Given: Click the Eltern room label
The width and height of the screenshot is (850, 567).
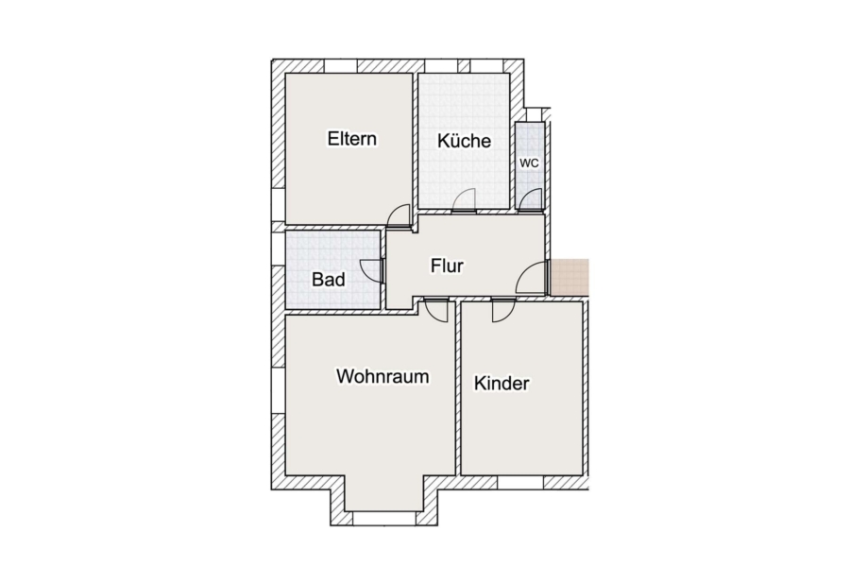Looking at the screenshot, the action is coord(352,139).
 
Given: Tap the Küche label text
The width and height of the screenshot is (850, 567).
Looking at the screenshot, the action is coord(464,141).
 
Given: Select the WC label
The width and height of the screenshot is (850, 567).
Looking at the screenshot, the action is coord(529,163).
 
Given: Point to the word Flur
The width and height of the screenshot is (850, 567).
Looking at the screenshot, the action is coord(448,266).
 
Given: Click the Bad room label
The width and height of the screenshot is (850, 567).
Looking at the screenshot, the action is coord(329,280).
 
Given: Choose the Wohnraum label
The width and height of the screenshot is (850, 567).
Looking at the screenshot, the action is coord(382,376).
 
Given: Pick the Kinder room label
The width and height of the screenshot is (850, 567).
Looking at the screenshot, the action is coord(501,383).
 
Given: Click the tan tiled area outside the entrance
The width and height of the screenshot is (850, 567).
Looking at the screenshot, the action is coord(569,277).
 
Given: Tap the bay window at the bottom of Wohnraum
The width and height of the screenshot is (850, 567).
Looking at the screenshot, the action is coord(384,518).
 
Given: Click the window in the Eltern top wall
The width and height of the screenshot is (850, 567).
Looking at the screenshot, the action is coord(341,65).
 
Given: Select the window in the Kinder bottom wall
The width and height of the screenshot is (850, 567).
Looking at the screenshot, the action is coord(519,483).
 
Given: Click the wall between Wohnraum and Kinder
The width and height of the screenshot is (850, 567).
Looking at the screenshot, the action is coord(458,388).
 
